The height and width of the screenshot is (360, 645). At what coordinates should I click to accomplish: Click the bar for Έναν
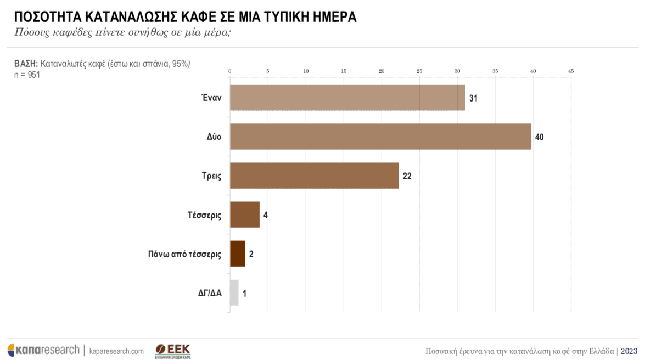point(347,98)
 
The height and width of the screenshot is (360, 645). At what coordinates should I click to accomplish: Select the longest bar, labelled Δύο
point(380,137)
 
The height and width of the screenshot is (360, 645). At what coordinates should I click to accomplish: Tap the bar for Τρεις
point(314,176)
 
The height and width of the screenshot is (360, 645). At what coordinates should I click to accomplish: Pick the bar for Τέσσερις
point(244,215)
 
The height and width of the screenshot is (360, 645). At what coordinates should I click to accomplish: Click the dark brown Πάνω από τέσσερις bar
point(237,254)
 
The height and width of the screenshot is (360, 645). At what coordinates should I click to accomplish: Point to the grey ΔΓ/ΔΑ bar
point(234,293)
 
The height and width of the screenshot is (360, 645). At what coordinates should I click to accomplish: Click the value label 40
point(539,137)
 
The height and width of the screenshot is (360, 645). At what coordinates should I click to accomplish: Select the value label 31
point(473,98)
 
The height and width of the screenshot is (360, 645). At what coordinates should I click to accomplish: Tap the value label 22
point(407,176)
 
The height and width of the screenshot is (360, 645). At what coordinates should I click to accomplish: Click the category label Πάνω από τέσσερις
point(184,254)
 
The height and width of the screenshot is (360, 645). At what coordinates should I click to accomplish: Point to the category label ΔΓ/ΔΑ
point(210,293)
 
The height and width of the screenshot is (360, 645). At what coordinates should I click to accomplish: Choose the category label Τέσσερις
point(204,215)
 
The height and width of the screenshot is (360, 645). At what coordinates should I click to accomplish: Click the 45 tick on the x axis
point(571,71)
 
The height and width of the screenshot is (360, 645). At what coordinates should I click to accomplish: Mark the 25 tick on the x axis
point(419,71)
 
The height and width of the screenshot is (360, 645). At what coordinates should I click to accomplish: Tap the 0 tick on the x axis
point(230,71)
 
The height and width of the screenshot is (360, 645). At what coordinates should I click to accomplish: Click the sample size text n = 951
point(27,75)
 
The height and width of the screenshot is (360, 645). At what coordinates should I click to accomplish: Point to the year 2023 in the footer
point(629,351)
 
